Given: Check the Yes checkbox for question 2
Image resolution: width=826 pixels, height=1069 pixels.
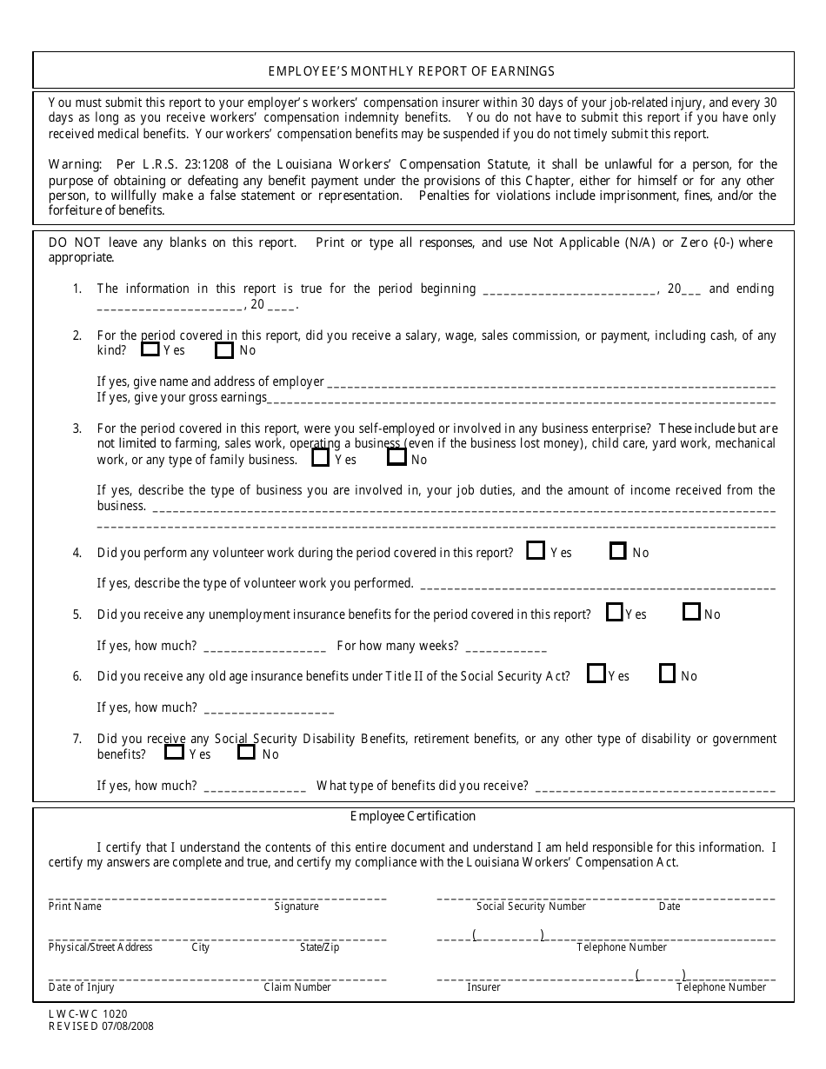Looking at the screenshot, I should pyautogui.click(x=150, y=350).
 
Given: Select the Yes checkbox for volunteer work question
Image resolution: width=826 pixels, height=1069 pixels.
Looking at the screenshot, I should pyautogui.click(x=536, y=551).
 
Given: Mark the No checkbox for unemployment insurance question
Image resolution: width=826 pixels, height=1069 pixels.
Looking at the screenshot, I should pyautogui.click(x=692, y=613).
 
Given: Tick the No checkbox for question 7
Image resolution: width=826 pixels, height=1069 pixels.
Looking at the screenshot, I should pyautogui.click(x=247, y=754).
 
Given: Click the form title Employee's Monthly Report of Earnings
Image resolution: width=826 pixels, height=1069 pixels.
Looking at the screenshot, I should pyautogui.click(x=412, y=71).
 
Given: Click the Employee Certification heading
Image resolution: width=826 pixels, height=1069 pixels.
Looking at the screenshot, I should pyautogui.click(x=413, y=816).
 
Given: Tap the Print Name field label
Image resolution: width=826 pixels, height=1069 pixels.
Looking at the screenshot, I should pyautogui.click(x=75, y=906).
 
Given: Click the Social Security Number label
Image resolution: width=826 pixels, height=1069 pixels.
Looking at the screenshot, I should pyautogui.click(x=531, y=906).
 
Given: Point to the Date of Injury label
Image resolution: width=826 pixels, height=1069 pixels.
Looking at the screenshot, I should pyautogui.click(x=81, y=987).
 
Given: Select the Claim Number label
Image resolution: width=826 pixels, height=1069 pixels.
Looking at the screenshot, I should pyautogui.click(x=297, y=987).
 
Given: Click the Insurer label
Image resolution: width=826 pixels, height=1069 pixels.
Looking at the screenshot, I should pyautogui.click(x=483, y=987).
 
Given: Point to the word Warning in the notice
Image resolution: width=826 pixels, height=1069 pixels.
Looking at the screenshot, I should pyautogui.click(x=75, y=164).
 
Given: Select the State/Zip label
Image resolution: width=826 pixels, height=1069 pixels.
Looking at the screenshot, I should pyautogui.click(x=319, y=947).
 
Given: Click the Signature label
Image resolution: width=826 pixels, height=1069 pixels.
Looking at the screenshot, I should pyautogui.click(x=296, y=906).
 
